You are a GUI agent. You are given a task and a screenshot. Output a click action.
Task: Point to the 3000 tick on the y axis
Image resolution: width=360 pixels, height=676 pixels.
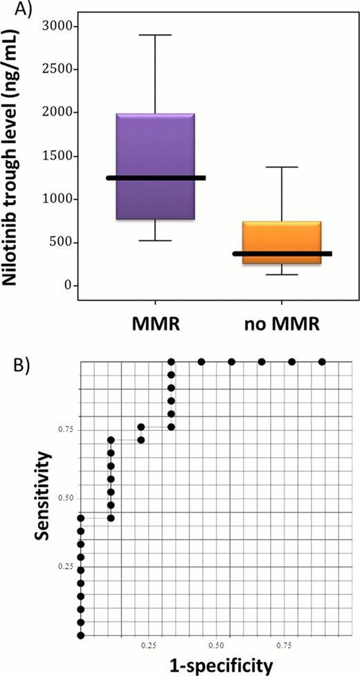coord(57,26)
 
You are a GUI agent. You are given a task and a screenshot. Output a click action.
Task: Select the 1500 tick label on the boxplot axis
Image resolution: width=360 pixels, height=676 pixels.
coord(57,156)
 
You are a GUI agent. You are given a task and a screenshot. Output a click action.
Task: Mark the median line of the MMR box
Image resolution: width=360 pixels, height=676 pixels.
coord(155,178)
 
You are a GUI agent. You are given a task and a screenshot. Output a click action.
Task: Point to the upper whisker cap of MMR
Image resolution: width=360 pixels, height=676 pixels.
coord(155,35)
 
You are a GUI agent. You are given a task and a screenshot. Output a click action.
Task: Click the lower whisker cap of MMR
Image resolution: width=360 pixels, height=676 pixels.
coord(155,240)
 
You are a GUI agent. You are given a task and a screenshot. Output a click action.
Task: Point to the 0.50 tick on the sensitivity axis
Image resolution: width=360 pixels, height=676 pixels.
coord(64,498)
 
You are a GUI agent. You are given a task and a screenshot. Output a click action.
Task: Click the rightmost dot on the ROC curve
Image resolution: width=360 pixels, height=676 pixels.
coord(322,362)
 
